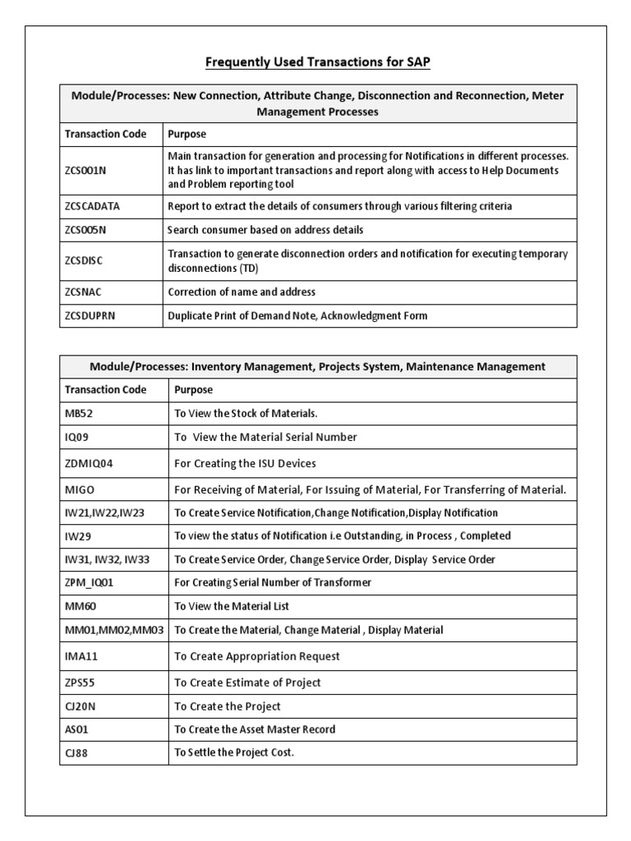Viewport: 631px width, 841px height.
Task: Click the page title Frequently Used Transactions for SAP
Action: click(316, 62)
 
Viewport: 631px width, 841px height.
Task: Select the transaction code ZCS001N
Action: click(85, 169)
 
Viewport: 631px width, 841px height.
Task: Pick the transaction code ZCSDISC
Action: click(84, 260)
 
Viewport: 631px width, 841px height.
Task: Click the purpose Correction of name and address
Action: click(242, 292)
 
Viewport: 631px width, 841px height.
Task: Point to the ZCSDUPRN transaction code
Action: click(90, 315)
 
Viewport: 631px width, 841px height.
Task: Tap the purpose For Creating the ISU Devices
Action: click(245, 463)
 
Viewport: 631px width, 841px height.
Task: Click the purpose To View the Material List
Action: click(232, 606)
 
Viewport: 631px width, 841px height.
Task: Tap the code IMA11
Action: click(81, 656)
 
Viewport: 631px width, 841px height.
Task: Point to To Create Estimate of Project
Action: click(247, 682)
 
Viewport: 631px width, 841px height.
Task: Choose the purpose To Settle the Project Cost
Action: click(233, 752)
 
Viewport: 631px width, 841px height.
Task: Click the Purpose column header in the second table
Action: click(193, 389)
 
